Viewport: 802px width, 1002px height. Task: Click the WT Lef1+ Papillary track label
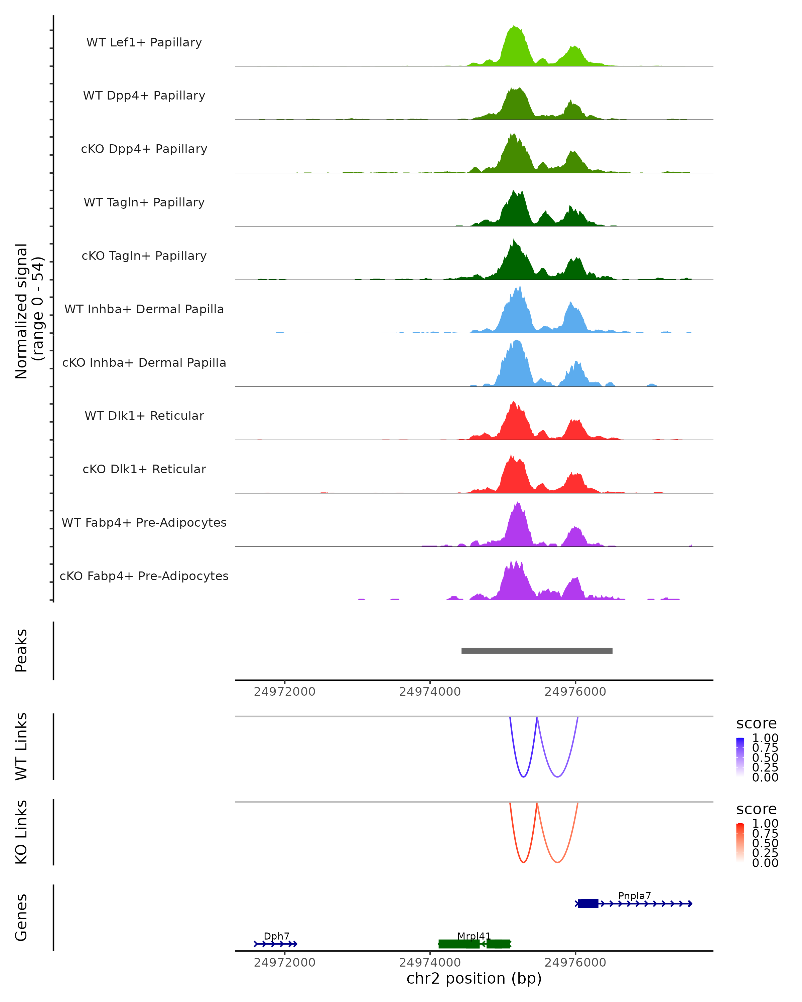[144, 42]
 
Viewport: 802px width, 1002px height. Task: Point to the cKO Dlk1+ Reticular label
[144, 469]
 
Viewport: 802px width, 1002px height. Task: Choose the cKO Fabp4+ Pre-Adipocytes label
[144, 576]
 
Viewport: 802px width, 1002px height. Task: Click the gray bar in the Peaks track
[537, 651]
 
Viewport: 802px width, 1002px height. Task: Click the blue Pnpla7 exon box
[588, 903]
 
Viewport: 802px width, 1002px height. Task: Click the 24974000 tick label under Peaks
[430, 692]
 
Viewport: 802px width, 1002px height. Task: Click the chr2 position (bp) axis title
[474, 978]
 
